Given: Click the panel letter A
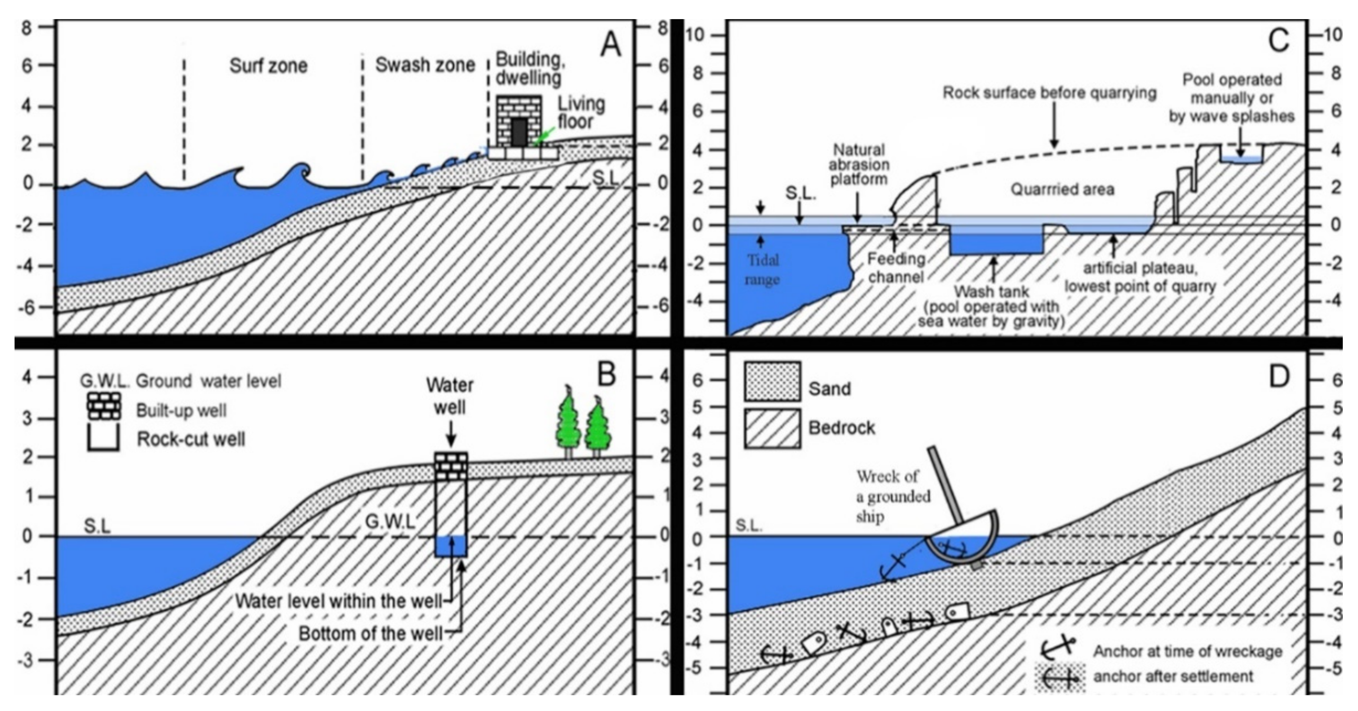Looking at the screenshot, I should (x=610, y=45).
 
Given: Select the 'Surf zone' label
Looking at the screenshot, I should (x=268, y=66).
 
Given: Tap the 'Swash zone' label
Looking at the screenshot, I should (x=425, y=65).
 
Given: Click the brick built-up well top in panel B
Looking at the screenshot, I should (x=451, y=466).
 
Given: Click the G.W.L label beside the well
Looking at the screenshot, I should (x=389, y=522).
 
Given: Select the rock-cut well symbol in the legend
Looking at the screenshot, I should (x=103, y=439).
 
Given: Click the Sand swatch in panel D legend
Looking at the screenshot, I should (x=772, y=382).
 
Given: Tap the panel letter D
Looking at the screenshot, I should (x=1278, y=376).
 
